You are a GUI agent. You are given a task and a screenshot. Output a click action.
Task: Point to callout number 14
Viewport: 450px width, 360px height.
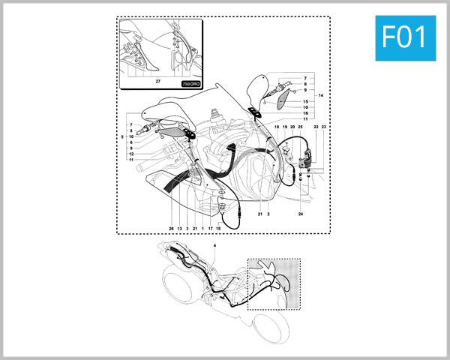click(x=321, y=95)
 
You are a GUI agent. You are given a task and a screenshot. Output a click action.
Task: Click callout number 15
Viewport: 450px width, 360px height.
click(x=305, y=101)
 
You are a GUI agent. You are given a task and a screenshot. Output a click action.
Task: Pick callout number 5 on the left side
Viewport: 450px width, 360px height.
click(x=122, y=136)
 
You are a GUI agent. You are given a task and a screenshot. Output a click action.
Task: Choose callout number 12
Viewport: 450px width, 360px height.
click(x=130, y=154)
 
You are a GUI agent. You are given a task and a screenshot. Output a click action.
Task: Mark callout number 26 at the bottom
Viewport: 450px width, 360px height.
click(x=171, y=227)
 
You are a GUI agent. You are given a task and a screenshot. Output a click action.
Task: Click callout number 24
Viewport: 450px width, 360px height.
click(x=301, y=214)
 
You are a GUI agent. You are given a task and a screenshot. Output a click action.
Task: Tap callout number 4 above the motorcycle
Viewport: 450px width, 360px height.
click(x=214, y=245)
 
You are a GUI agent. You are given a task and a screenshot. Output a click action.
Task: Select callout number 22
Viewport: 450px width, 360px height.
click(x=316, y=127)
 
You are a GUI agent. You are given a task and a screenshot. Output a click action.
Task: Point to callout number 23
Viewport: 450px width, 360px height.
click(x=324, y=127)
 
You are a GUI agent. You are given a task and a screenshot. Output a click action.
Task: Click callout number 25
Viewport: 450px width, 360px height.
click(x=300, y=127)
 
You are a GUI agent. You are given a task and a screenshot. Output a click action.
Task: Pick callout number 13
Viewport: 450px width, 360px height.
click(x=179, y=227)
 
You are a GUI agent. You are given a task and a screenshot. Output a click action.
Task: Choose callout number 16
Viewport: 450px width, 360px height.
click(x=305, y=113)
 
